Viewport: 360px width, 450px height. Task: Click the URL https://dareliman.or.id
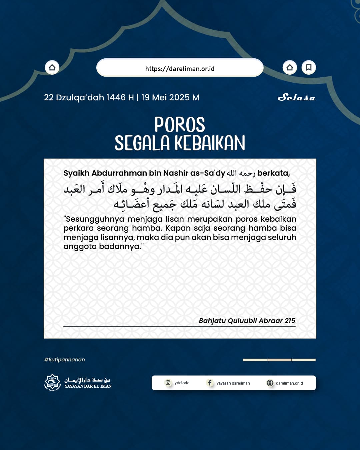(180, 69)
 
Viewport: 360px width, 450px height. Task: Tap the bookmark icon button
(309, 68)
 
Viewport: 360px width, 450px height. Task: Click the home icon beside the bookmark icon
(290, 68)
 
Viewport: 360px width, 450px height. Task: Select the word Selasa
(296, 97)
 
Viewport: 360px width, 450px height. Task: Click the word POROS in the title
(180, 125)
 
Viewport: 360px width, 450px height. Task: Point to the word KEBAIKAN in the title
(210, 143)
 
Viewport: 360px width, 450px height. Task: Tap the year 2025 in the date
(179, 97)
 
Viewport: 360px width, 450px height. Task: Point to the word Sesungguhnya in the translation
(95, 219)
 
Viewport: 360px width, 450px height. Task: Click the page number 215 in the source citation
(290, 321)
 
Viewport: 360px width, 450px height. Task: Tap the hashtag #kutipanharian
(65, 360)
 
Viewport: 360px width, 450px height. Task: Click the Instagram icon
(168, 383)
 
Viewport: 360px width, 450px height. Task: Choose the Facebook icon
(210, 383)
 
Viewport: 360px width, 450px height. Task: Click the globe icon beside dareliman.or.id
(270, 383)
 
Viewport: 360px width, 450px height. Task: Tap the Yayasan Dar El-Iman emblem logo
(52, 382)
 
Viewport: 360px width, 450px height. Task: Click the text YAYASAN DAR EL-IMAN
(88, 386)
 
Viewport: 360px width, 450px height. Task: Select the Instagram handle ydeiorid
(182, 383)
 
